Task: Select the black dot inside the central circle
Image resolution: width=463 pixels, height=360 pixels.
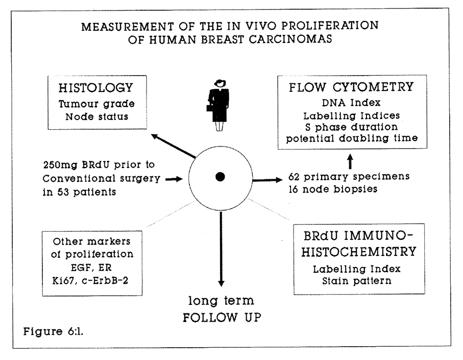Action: click(x=221, y=177)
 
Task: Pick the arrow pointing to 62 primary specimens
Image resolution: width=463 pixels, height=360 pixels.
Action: click(x=267, y=179)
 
